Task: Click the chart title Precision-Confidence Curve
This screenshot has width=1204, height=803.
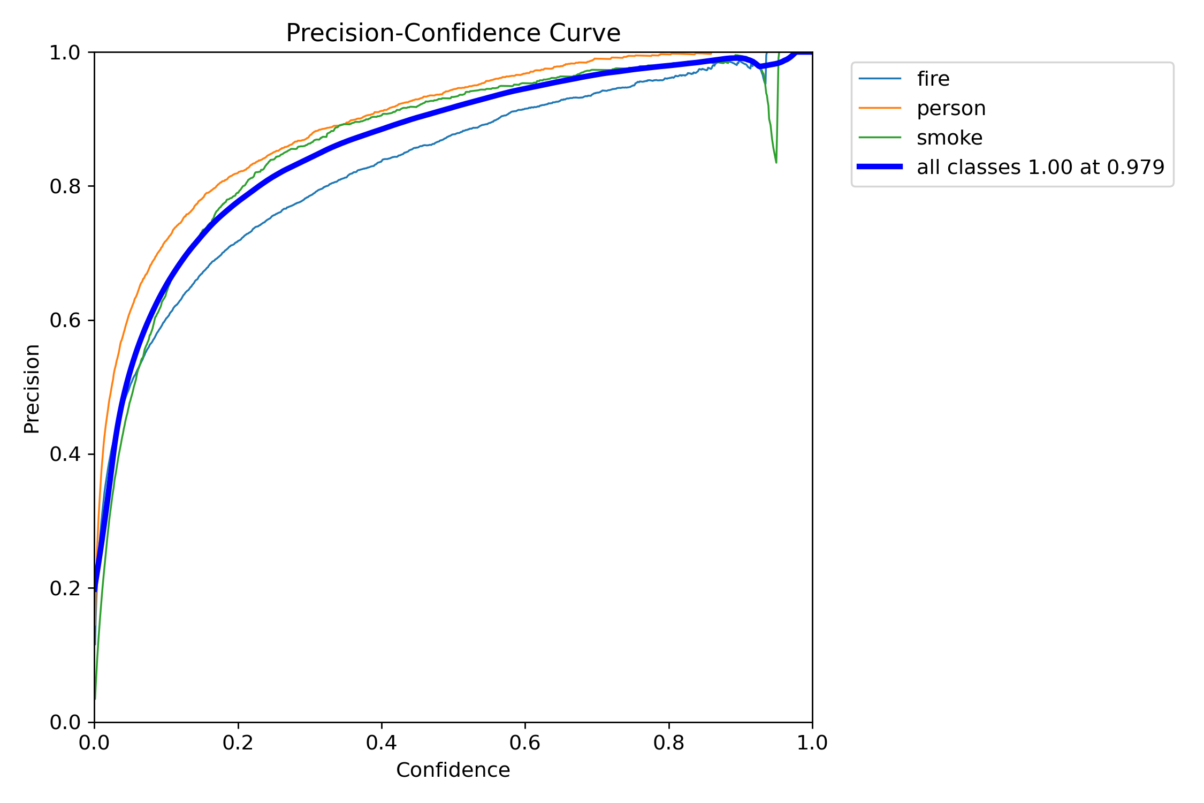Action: (453, 33)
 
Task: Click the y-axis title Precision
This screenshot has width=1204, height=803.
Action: (32, 389)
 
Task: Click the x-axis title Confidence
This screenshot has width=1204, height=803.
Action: (453, 770)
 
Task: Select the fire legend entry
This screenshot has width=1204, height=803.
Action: (933, 79)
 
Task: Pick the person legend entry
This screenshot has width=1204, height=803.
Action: (951, 108)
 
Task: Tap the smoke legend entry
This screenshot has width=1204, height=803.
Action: (949, 138)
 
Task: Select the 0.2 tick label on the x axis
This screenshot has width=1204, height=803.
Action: (238, 743)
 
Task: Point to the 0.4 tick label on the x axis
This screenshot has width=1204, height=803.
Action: (382, 743)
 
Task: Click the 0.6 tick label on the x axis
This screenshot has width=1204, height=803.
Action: (525, 743)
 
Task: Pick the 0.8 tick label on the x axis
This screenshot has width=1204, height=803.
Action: (669, 743)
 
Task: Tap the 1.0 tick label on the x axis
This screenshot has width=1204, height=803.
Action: (812, 743)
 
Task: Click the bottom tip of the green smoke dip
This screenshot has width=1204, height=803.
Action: (776, 162)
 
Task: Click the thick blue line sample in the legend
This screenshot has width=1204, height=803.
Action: (880, 167)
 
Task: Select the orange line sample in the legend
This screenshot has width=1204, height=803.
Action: (880, 108)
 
